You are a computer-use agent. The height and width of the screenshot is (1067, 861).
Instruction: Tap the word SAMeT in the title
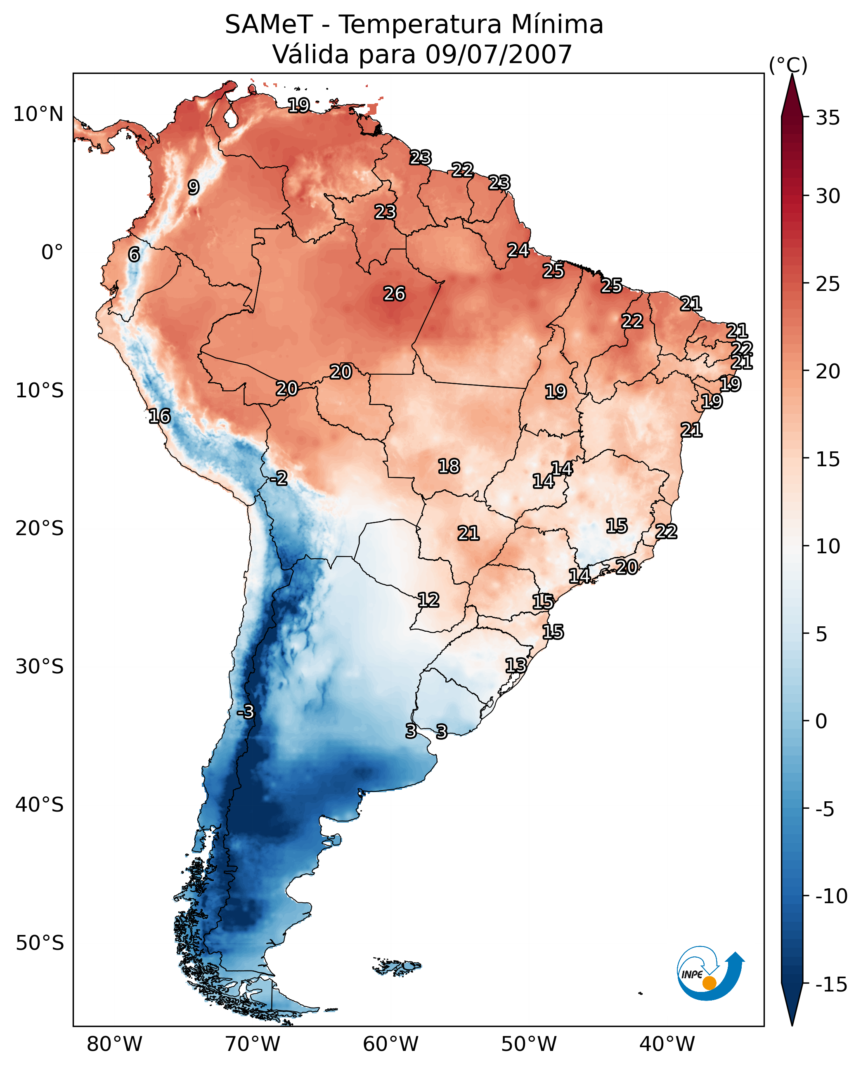pyautogui.click(x=269, y=24)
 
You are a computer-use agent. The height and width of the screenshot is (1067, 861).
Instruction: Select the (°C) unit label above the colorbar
pyautogui.click(x=788, y=65)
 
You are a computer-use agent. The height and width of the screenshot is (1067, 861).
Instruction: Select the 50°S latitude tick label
pyautogui.click(x=40, y=942)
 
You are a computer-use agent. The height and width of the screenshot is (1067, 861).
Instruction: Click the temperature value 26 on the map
pyautogui.click(x=394, y=294)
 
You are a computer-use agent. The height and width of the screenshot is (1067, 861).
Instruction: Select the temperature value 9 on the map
pyautogui.click(x=194, y=187)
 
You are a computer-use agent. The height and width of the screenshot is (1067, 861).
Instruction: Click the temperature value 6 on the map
pyautogui.click(x=134, y=254)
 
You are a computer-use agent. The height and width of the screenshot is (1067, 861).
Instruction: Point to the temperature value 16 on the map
pyautogui.click(x=160, y=416)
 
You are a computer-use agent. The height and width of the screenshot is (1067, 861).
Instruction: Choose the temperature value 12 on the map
pyautogui.click(x=428, y=600)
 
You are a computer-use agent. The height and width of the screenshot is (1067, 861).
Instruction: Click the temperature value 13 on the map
pyautogui.click(x=516, y=666)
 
